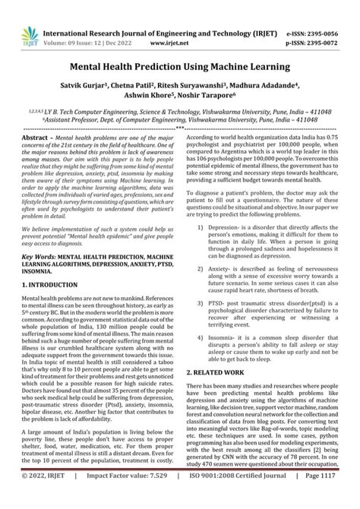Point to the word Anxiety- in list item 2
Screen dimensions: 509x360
[227, 248]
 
